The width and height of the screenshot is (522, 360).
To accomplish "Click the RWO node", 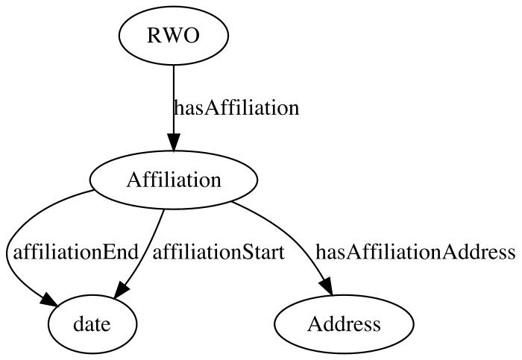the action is [174, 35].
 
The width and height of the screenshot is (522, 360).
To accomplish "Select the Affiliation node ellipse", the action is [174, 180].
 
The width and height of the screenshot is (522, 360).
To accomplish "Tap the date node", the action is [92, 324].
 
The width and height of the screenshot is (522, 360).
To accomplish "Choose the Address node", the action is [344, 324].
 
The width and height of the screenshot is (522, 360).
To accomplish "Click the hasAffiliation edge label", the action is [236, 108].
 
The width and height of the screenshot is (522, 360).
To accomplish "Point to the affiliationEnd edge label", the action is [75, 252].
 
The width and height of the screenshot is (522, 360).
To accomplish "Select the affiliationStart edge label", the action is [218, 252].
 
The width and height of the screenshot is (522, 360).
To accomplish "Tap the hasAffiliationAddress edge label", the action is [415, 252].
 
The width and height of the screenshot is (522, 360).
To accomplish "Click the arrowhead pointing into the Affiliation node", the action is [174, 142].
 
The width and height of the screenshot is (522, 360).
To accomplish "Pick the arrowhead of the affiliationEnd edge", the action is [49, 300].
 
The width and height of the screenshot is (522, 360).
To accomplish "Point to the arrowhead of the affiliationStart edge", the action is [121, 289].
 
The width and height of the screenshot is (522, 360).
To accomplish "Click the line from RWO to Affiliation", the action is [174, 99].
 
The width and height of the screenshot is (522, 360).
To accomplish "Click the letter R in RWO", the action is [153, 35].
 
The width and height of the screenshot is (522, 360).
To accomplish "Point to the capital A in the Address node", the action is [315, 323].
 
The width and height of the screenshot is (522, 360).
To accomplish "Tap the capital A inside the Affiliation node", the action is [133, 180].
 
